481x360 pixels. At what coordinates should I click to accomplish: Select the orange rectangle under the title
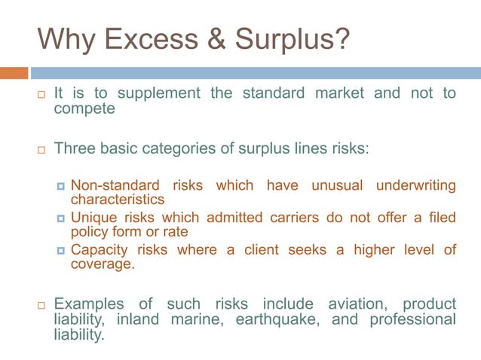14,73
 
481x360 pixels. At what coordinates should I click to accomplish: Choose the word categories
192,148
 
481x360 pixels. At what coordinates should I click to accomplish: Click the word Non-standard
115,186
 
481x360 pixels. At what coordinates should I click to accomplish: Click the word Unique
93,218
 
